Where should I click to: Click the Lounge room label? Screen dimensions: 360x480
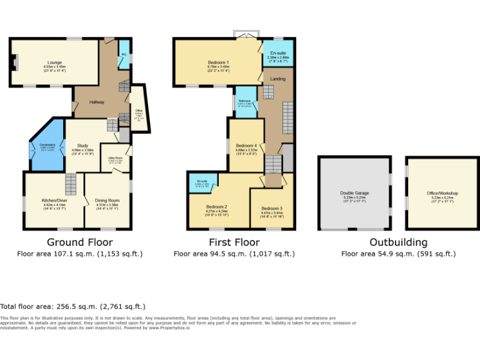click(x=54, y=62)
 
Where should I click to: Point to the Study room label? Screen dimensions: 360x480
click(x=82, y=146)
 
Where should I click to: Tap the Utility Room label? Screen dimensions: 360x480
click(x=115, y=159)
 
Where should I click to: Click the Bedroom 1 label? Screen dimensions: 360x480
click(x=218, y=62)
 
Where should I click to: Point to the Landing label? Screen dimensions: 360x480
click(x=277, y=79)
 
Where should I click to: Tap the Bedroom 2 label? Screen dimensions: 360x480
click(x=216, y=207)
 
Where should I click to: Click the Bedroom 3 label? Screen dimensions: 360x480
click(x=272, y=208)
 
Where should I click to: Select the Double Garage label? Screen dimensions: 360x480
click(x=354, y=193)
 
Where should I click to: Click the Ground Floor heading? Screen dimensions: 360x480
click(x=80, y=242)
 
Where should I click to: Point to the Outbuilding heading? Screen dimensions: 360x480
click(x=398, y=242)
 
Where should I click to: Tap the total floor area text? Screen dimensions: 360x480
click(x=73, y=306)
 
